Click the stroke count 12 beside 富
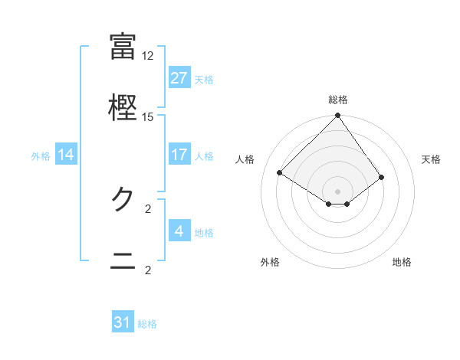148,56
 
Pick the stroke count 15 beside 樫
148,117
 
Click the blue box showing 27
179,78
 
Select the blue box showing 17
179,155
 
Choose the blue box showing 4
179,231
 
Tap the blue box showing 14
66,155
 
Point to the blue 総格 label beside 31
147,324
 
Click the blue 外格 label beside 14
41,156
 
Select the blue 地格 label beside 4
204,233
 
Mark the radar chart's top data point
337,116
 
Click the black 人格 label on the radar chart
246,159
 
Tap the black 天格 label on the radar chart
431,159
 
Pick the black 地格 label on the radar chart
402,262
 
